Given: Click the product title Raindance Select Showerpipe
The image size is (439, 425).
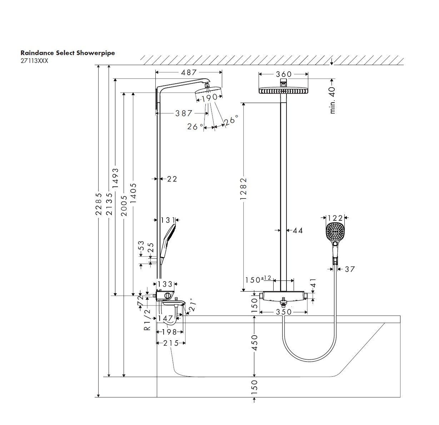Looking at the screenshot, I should [x=68, y=53].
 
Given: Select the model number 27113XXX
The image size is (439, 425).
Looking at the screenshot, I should [x=34, y=60].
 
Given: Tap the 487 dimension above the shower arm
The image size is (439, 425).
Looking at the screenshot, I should [x=189, y=72].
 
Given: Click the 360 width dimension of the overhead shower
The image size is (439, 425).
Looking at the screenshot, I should [x=284, y=74].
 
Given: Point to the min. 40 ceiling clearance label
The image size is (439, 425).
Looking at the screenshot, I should [x=333, y=100].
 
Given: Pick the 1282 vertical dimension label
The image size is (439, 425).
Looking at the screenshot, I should [x=244, y=189].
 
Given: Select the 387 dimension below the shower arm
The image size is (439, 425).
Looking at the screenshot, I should [x=184, y=113].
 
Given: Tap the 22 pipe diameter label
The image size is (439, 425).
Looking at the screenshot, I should [x=172, y=179].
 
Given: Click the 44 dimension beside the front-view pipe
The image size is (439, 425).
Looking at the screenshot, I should [x=297, y=231].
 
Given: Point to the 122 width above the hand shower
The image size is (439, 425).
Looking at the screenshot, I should [x=335, y=218].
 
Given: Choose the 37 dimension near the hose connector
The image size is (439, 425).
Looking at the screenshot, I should [x=350, y=269].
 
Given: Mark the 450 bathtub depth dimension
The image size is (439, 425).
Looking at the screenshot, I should [x=254, y=343].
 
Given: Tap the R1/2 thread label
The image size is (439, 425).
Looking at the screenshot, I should [x=147, y=320].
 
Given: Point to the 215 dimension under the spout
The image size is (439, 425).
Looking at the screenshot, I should [x=171, y=343].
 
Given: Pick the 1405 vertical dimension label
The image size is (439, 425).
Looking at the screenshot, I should [x=133, y=193].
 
